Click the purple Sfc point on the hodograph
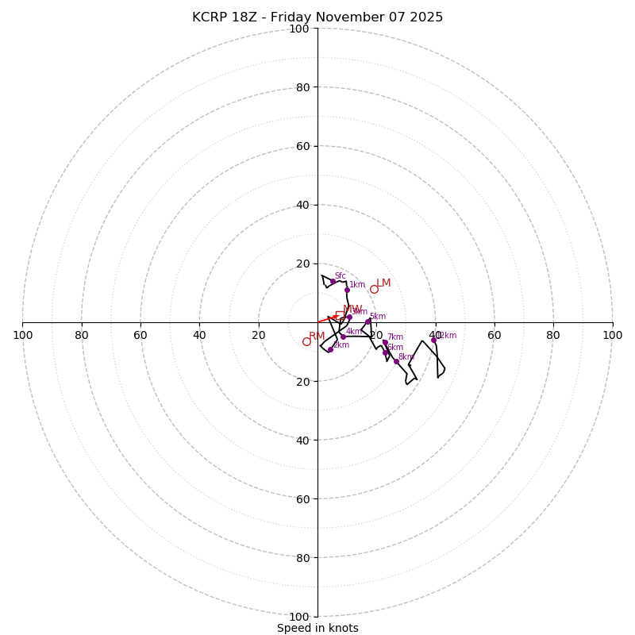pos(333,281)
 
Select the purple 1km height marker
pos(347,290)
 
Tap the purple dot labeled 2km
pos(330,349)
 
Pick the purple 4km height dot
pos(343,337)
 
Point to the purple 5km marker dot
pos(368,321)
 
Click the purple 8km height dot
pos(396,361)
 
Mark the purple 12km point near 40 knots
pos(433,340)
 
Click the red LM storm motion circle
pos(374,289)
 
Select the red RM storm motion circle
pos(306,341)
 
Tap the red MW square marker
pos(340,315)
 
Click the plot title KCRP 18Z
pos(317,17)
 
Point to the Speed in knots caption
pos(317,628)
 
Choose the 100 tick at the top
pos(299,29)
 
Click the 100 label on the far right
pos(612,335)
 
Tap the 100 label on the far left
pos(23,335)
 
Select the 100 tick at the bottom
pos(299,616)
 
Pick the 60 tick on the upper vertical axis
pos(302,146)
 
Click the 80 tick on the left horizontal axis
pos(82,335)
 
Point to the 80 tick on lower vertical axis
pos(302,557)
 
